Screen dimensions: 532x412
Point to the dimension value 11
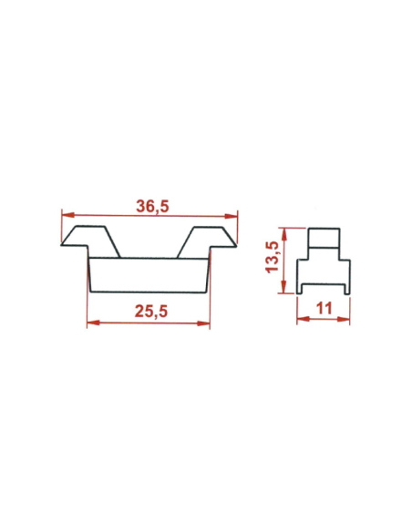tap(324, 309)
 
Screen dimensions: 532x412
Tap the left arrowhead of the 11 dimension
tap(303, 320)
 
